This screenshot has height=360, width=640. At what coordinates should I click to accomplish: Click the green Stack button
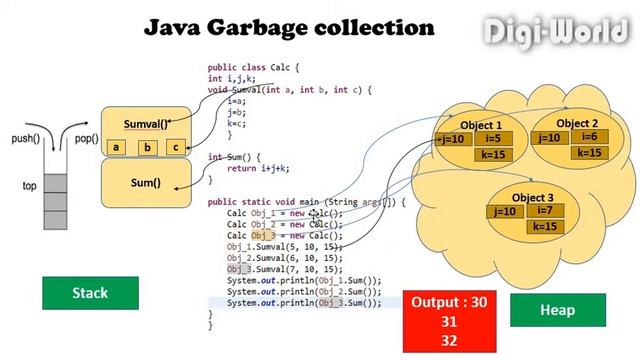(90, 293)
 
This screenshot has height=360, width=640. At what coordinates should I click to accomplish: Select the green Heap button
(557, 310)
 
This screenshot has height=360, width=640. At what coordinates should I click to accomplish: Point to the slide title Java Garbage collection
(290, 26)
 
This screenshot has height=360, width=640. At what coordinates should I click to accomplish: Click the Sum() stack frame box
(146, 183)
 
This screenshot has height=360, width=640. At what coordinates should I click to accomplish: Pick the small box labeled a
(117, 148)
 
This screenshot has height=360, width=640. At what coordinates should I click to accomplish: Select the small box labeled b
(147, 148)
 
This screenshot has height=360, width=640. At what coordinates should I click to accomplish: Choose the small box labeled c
(175, 148)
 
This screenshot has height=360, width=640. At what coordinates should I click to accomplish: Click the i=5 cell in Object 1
(492, 139)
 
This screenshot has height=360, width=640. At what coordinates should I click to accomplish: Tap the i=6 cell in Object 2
(589, 137)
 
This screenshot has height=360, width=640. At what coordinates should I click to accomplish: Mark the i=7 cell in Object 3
(544, 210)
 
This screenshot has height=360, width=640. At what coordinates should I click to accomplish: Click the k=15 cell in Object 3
(544, 227)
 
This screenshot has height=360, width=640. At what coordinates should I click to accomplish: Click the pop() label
(87, 139)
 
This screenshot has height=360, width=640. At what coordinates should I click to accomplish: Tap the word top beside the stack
(29, 186)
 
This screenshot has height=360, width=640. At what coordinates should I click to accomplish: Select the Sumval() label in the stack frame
(146, 125)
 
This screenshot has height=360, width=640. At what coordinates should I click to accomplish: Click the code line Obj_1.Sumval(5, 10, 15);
(284, 246)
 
